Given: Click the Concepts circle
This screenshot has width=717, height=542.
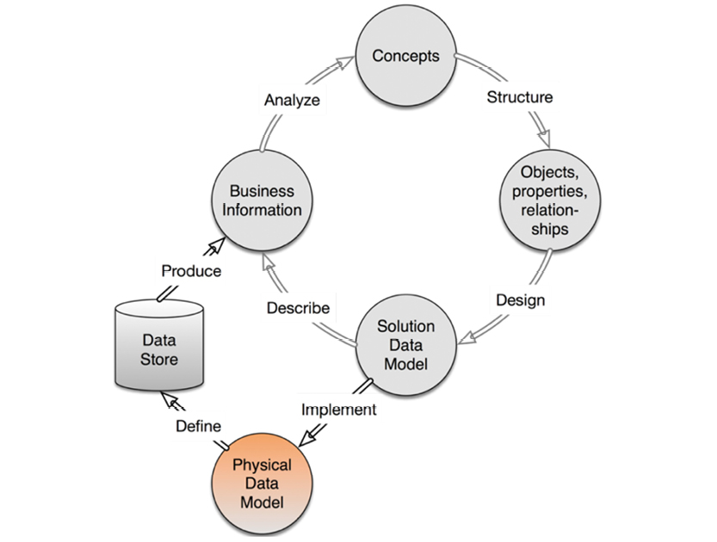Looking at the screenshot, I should [405, 58].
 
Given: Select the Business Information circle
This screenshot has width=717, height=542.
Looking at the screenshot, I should [262, 200].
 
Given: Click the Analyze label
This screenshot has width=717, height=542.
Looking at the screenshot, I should [291, 100].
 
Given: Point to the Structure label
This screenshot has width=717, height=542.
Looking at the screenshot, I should [520, 96].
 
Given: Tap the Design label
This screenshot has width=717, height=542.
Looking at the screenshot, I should [520, 301].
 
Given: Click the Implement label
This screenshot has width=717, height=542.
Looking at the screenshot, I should [338, 410].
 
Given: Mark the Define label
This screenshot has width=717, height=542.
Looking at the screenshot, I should [199, 426].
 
